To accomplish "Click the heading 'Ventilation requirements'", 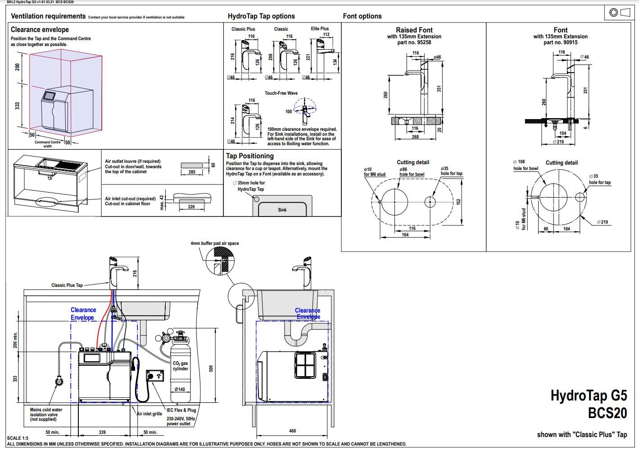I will (48, 16).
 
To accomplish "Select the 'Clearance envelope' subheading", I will (40, 30).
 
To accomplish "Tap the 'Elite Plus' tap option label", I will (320, 29).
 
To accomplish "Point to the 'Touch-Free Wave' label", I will (281, 93).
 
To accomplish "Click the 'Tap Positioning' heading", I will (249, 156).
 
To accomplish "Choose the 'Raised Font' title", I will (414, 30).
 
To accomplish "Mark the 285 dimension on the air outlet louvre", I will (192, 172).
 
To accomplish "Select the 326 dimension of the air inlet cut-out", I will (191, 207).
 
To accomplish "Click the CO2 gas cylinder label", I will (181, 366).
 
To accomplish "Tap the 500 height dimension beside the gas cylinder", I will (211, 368).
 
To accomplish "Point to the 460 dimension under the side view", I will (292, 431).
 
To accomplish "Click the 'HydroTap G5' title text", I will (588, 396).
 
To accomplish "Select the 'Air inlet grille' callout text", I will (149, 414).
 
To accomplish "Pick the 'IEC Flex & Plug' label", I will (181, 410).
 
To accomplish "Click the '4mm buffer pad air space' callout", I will (214, 244).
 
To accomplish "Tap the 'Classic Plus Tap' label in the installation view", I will (67, 285).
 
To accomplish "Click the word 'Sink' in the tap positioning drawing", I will (282, 210).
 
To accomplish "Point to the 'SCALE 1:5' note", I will (18, 438).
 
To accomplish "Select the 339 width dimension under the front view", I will (102, 432).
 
